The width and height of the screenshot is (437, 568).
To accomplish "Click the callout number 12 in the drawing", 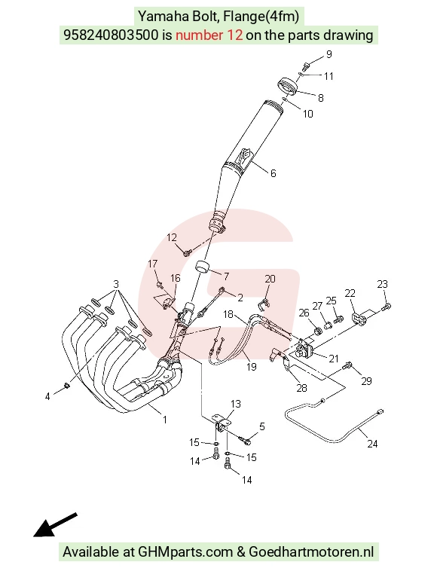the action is coord(172,237).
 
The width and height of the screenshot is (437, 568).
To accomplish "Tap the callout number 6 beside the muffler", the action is coord(274,173).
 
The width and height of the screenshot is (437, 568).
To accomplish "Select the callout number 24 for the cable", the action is coord(372,444).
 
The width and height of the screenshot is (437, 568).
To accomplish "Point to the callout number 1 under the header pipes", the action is coord(165,420).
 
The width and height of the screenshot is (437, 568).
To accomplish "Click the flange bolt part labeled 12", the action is coord(188,252).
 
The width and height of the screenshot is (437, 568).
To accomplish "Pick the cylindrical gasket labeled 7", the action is coord(203,267).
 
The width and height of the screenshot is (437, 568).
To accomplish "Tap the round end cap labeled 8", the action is coord(287,87).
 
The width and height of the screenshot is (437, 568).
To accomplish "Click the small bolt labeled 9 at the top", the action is coord(306,66).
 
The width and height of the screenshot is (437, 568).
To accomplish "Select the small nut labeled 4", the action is coord(66,386).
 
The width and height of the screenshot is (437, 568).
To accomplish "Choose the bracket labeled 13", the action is coord(222,421).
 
